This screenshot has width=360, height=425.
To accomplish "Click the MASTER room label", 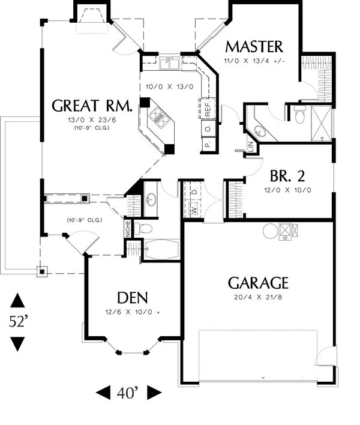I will coord(254,47).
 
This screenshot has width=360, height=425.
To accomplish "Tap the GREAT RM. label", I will coord(92,106).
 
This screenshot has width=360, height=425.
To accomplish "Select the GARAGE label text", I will coord(258,283).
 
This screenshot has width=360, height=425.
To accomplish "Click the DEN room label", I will coord(133,298).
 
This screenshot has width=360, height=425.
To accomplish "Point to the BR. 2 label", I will coord(287,176).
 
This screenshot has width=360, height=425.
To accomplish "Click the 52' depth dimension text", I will coord(18,322).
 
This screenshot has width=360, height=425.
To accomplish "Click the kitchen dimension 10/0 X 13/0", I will coord(170,87).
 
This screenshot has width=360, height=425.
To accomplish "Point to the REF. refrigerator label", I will coord(208,109).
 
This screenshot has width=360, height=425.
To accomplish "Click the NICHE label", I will coord(127,229).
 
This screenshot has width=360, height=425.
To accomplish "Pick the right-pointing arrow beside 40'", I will coord(155,393).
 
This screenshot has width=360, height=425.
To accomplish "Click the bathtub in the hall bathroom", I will coord(161,250).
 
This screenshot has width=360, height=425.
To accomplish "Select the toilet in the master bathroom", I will coord(300,115).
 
